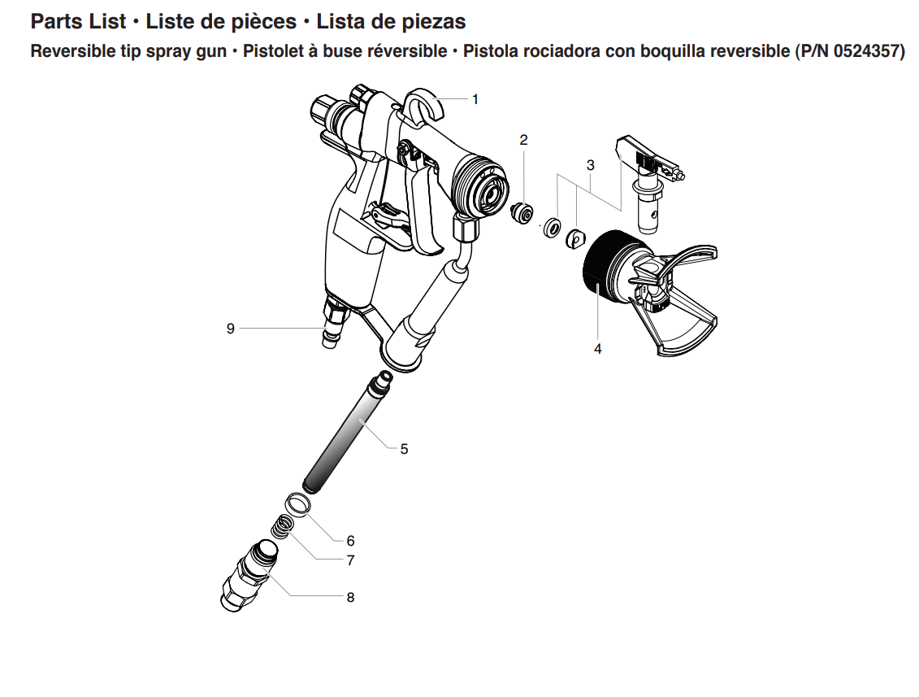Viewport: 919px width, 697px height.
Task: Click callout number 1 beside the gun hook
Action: click(x=475, y=99)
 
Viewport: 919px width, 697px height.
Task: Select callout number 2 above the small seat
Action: click(x=524, y=140)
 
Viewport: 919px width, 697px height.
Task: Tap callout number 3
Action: click(x=591, y=164)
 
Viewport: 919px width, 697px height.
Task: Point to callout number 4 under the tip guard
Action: click(x=598, y=348)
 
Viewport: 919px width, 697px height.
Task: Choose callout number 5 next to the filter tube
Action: click(x=404, y=448)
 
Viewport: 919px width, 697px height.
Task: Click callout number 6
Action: click(x=350, y=540)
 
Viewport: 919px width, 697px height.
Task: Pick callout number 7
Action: click(x=350, y=560)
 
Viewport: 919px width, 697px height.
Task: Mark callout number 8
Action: click(x=350, y=597)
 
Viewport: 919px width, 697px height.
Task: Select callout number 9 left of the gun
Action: click(x=231, y=328)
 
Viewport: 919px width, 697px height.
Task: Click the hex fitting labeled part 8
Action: click(x=249, y=577)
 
